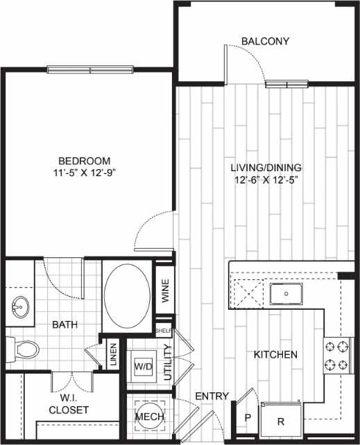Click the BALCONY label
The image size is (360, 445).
click(x=265, y=41)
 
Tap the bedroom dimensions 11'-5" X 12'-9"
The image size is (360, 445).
click(x=83, y=168)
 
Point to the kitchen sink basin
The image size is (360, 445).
click(x=286, y=295)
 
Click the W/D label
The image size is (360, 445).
click(x=144, y=365)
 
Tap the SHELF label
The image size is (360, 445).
click(x=164, y=331)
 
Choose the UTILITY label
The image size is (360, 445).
click(x=166, y=363)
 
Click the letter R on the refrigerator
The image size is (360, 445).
click(x=281, y=420)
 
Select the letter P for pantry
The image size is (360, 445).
click(x=248, y=419)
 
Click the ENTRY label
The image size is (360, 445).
click(x=212, y=396)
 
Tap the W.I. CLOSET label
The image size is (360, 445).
click(x=68, y=403)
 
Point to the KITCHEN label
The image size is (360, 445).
click(x=275, y=355)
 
